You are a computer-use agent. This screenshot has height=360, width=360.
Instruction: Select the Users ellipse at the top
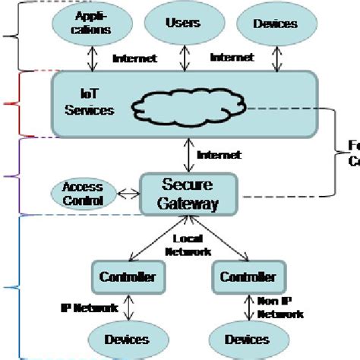click(182, 23)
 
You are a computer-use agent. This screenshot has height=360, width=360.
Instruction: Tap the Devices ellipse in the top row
click(274, 24)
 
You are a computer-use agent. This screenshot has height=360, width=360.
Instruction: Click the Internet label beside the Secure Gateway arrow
click(219, 155)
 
